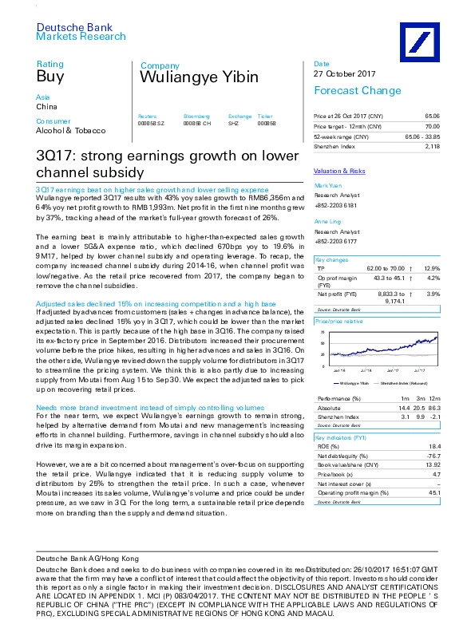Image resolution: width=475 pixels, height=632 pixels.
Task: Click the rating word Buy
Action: (49, 77)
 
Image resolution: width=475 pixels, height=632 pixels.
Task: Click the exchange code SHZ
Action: (234, 124)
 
